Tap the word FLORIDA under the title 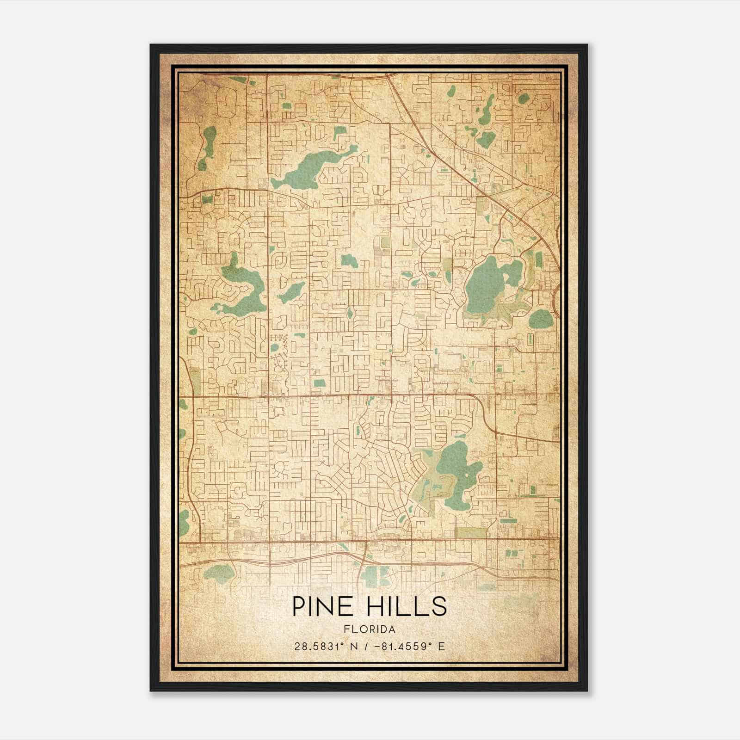(370, 629)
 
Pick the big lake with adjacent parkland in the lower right (456, 472)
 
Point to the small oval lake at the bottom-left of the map (219, 574)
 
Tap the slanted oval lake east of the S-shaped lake (290, 292)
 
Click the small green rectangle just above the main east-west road (319, 382)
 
